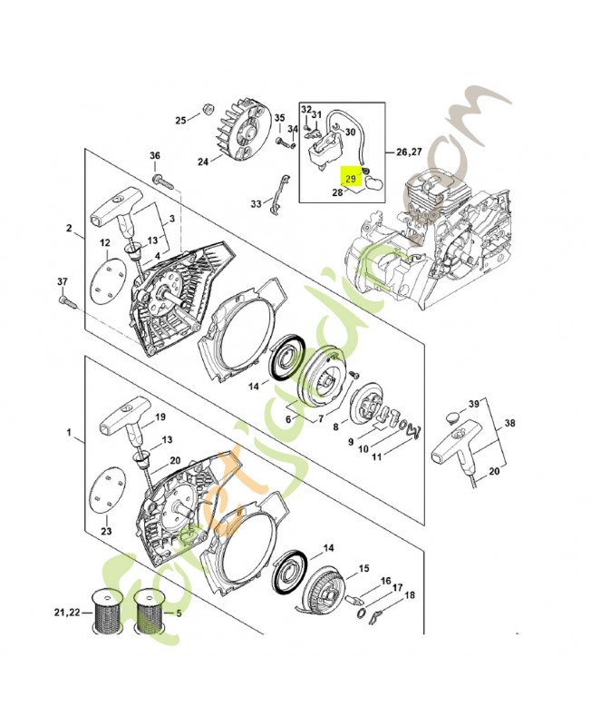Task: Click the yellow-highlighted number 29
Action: coord(350,180)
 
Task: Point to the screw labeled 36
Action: coord(165,181)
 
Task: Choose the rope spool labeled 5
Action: coord(147,613)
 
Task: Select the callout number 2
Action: coord(69,228)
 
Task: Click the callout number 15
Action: coord(363,569)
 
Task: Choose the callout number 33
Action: coord(255,202)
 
